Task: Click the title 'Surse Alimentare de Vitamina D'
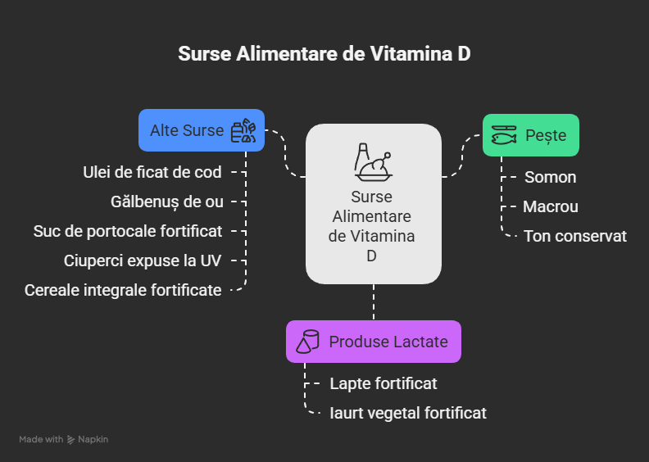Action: tap(324, 54)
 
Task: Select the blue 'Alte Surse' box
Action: tap(201, 130)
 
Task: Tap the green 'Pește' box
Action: tap(530, 135)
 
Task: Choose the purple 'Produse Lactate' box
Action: tap(373, 342)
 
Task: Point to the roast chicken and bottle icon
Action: tap(373, 161)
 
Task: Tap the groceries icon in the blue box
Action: tap(243, 131)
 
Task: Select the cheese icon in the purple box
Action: tap(308, 342)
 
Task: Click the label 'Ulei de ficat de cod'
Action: tap(152, 172)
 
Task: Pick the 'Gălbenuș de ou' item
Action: tap(166, 202)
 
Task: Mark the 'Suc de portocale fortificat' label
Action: tap(128, 231)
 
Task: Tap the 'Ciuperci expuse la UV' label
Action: tap(143, 260)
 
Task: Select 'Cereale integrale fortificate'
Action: tap(123, 290)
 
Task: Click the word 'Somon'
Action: tap(550, 177)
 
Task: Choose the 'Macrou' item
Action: tap(551, 206)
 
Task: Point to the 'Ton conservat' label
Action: tap(575, 236)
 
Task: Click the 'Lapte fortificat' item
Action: tap(383, 383)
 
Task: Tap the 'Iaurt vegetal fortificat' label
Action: tap(407, 413)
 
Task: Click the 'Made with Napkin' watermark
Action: tap(64, 440)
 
